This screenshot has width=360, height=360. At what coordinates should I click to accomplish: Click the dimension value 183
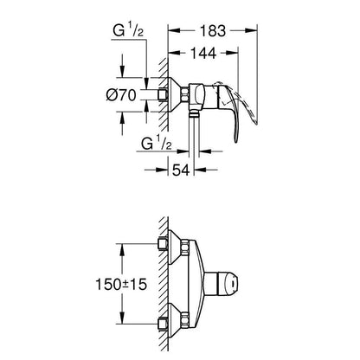coord(212,31)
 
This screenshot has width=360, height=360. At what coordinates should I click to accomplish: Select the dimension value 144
coord(203,53)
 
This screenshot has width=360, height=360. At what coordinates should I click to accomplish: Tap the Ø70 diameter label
coord(121,95)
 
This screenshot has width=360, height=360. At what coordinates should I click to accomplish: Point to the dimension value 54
coord(181,170)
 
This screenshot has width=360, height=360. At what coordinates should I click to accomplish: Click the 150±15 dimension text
coord(121,285)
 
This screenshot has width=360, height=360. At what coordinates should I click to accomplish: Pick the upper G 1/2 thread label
coord(128,31)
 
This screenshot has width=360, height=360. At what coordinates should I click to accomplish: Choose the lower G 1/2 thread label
coord(157,144)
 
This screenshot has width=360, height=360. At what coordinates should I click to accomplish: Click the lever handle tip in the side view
coord(235,140)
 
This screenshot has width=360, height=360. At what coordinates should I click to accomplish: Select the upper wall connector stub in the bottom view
coord(164,244)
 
